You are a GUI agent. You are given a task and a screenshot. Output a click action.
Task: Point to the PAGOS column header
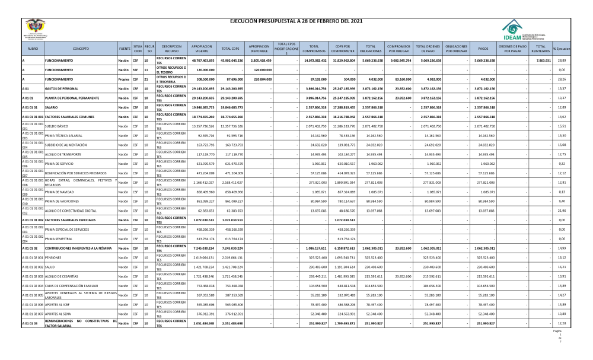483,48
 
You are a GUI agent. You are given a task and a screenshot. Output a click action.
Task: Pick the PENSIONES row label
53,258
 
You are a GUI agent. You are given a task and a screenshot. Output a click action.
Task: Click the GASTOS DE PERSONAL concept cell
64,88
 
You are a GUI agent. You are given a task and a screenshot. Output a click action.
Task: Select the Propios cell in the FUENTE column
124,79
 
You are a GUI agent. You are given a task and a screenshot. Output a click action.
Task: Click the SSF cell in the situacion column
136,69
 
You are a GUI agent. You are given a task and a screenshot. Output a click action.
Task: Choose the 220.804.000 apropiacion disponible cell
259,79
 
